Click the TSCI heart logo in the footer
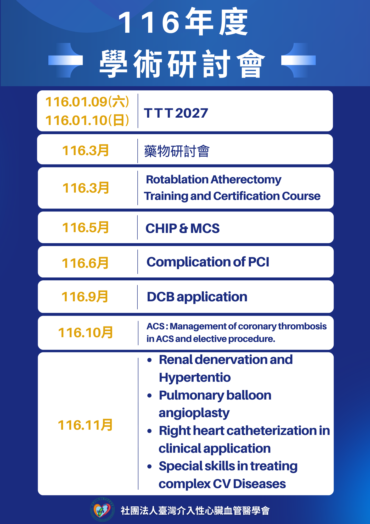point(102,510)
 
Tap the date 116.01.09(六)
point(87,102)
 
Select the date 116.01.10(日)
point(87,120)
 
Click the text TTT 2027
point(176,113)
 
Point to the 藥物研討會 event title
point(177,151)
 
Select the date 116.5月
point(85,227)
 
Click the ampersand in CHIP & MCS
point(183,228)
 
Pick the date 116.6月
point(85,263)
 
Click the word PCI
point(259,262)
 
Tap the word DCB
point(161,297)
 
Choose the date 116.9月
point(85,297)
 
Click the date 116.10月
point(85,332)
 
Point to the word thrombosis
point(302,326)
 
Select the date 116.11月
point(85,425)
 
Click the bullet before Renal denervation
point(149,360)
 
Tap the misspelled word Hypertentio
point(195,378)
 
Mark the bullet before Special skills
point(149,467)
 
